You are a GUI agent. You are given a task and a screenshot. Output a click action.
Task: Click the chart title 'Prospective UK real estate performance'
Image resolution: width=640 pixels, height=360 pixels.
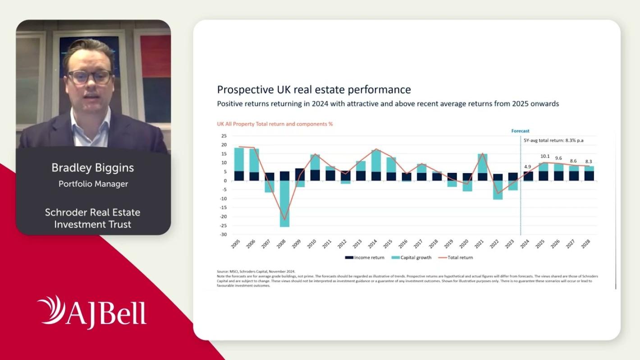(x=314, y=89)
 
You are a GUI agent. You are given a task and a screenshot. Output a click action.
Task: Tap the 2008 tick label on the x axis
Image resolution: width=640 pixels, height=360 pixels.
(x=281, y=244)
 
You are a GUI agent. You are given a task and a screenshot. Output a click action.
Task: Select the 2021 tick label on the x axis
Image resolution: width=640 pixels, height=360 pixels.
(x=479, y=244)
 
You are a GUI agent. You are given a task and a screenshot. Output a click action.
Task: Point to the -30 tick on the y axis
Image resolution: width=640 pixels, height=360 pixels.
(x=224, y=234)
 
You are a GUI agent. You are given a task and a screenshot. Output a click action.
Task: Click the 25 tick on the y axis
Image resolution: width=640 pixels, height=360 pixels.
(x=224, y=136)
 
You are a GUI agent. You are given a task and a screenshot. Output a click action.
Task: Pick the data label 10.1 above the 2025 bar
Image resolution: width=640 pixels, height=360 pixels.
(x=545, y=156)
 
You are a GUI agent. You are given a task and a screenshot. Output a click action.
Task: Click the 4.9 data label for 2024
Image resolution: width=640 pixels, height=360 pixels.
(x=528, y=167)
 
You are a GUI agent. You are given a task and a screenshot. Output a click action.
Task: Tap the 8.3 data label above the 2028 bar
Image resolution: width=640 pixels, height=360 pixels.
(x=589, y=161)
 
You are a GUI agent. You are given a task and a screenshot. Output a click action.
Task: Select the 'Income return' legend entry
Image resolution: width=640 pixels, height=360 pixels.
(x=365, y=258)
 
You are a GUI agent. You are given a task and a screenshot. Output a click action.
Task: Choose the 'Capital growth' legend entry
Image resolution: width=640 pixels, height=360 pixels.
(x=411, y=258)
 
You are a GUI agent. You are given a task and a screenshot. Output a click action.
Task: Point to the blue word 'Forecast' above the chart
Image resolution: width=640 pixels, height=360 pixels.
(x=520, y=131)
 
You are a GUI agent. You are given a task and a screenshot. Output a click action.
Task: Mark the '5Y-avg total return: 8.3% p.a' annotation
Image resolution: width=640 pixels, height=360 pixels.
(x=553, y=141)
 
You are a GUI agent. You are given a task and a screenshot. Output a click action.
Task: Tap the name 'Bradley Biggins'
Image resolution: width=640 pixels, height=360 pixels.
(x=93, y=168)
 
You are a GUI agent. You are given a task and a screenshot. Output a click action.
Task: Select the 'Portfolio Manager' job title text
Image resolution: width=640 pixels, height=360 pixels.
(x=93, y=184)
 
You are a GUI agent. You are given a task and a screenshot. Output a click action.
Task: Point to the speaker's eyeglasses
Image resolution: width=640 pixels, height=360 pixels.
(x=90, y=77)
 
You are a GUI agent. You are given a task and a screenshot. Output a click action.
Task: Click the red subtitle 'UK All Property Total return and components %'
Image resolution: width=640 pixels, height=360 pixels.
(x=275, y=124)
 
